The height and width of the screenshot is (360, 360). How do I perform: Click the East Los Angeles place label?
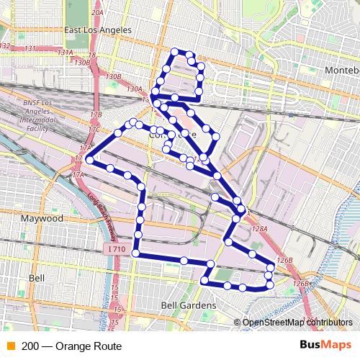[x=98, y=30]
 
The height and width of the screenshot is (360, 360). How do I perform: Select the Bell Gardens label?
[x=189, y=305]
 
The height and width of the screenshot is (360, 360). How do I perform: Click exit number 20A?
[x=98, y=13]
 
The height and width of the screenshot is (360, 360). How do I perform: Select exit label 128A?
[x=260, y=228]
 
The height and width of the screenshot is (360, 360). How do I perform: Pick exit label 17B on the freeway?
[x=96, y=114]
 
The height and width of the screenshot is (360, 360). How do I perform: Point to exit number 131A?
[x=66, y=53]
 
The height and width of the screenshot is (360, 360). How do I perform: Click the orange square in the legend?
[x=9, y=344]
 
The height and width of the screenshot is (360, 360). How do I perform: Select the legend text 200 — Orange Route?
[x=72, y=344]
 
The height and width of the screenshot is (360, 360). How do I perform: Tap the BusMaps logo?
[x=327, y=344]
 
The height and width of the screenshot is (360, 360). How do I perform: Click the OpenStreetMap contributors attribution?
[x=298, y=323]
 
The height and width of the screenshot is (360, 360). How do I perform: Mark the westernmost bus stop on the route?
[x=89, y=159]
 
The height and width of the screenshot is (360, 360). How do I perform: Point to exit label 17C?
[x=94, y=130]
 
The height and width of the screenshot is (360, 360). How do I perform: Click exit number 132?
[x=4, y=45]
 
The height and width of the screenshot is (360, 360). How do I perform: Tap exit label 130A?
[x=134, y=89]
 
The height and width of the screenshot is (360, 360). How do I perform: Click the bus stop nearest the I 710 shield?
[x=135, y=253]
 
